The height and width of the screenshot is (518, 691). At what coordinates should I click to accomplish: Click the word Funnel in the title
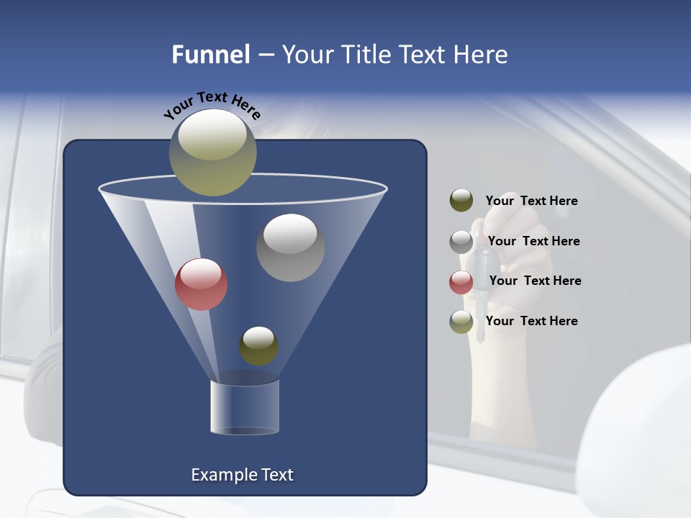211,55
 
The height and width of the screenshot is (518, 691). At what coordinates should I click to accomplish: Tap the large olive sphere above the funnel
212,152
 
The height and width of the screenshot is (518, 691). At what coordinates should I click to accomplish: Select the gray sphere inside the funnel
290,247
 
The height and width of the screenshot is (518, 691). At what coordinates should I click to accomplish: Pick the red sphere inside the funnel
201,284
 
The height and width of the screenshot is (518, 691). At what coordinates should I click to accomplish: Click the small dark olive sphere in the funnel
258,346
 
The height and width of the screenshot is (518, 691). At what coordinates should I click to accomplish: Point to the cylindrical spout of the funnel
244,408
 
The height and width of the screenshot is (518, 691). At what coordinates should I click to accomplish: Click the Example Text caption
242,475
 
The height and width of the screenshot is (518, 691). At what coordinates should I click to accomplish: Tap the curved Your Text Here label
212,104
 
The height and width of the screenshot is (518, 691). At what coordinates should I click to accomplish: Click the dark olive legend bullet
461,201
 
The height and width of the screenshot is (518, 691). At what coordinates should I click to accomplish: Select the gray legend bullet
461,242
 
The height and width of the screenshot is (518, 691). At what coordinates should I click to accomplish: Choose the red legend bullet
461,282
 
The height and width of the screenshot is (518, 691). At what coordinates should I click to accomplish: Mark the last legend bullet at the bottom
461,322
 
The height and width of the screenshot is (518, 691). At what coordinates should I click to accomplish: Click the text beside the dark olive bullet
531,201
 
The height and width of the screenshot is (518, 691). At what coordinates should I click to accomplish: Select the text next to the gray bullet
533,241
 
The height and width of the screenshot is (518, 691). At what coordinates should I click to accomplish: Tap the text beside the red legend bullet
535,281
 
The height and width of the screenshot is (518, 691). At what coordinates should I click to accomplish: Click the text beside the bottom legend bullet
531,321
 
